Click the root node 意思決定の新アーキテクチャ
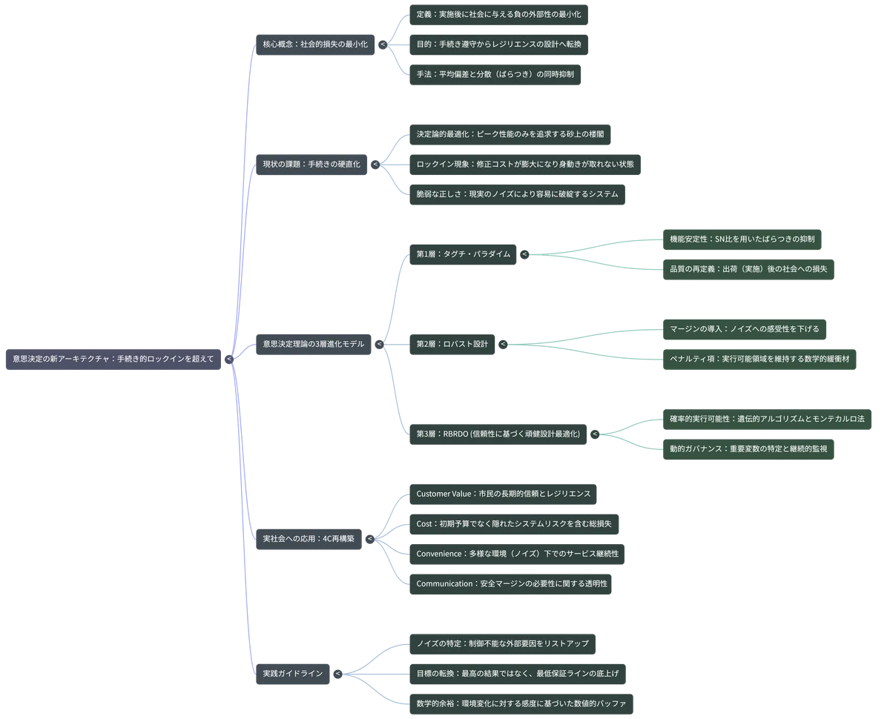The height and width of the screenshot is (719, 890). click(113, 359)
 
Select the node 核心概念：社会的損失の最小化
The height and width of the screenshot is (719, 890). click(315, 44)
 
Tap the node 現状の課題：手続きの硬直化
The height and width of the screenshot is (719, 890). click(311, 165)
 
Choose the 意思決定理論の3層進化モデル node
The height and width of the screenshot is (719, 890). click(314, 345)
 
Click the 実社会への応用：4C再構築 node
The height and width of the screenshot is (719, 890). click(309, 539)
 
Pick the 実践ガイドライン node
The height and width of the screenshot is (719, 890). click(292, 674)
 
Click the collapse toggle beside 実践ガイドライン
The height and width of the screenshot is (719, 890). click(338, 674)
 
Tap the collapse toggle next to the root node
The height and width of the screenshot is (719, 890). click(229, 359)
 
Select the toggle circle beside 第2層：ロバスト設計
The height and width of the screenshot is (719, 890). click(503, 345)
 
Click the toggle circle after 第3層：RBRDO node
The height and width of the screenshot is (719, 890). click(595, 434)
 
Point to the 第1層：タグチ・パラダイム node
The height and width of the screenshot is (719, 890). click(463, 254)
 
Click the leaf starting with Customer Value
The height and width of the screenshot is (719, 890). click(503, 494)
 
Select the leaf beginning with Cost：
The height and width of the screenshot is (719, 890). click(514, 524)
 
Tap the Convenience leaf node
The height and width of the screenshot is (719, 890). click(517, 554)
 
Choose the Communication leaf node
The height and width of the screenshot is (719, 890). click(510, 584)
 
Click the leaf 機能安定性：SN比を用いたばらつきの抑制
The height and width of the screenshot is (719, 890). click(742, 239)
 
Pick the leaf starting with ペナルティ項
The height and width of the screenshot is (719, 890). click(759, 359)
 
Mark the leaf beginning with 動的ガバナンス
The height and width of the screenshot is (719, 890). click(748, 449)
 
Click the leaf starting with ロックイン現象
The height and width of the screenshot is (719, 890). click(525, 165)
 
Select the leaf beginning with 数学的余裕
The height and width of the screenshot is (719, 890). click(521, 704)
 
